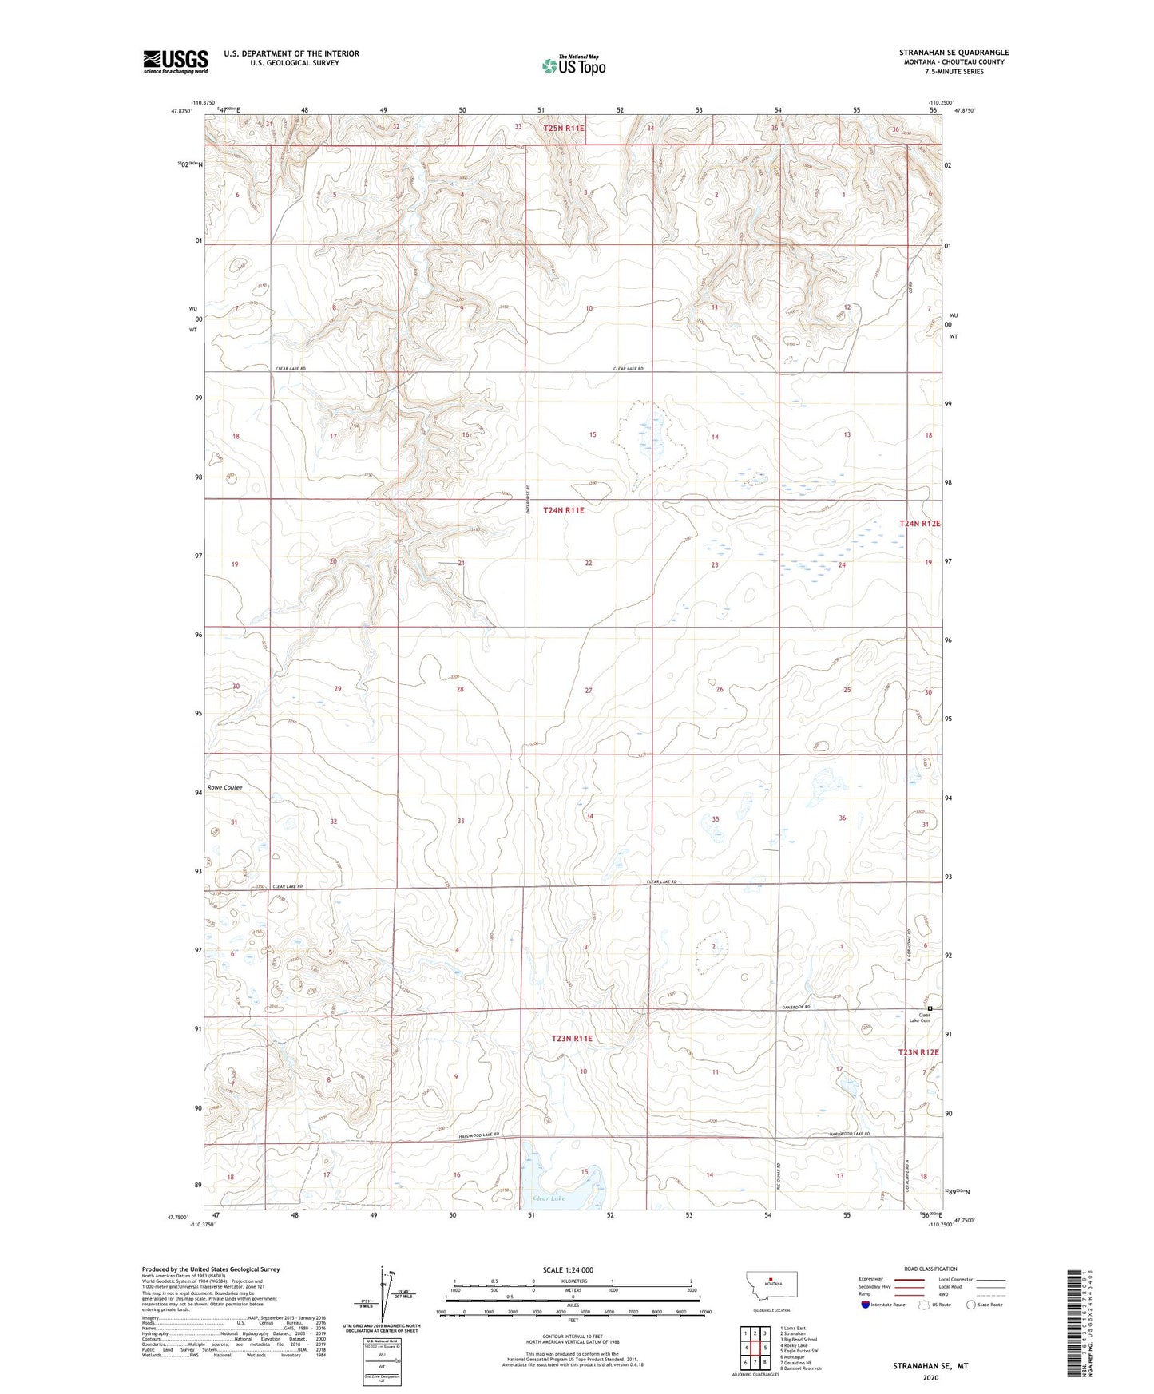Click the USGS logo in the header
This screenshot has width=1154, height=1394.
(175, 61)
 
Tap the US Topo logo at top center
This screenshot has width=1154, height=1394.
(573, 65)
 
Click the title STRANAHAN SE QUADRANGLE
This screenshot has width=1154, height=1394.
(954, 53)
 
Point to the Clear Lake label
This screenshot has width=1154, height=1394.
(549, 1198)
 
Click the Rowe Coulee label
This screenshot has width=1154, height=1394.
(224, 787)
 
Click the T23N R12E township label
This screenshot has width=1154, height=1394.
(918, 1052)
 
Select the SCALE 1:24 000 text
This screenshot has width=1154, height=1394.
(568, 1269)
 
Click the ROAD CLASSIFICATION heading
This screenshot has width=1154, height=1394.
(930, 1269)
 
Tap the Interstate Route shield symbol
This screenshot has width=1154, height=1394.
(866, 1305)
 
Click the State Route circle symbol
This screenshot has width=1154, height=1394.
(970, 1305)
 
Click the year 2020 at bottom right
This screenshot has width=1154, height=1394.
(930, 1377)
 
